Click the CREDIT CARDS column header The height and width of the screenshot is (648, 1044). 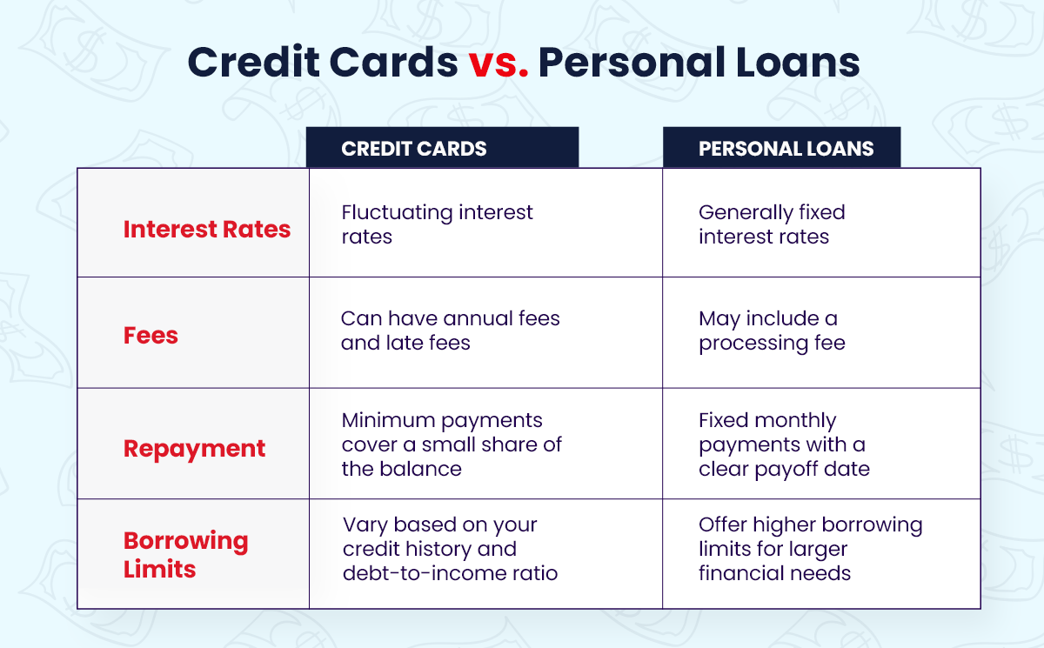pos(414,148)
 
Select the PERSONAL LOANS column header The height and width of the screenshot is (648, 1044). pos(786,148)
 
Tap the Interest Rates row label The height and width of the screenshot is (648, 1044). pos(207,229)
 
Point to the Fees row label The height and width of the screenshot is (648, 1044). pos(151,336)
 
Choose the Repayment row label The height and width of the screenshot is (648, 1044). pos(194,449)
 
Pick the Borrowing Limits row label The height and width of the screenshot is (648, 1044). pos(185,555)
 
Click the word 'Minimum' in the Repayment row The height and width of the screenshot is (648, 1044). pos(388,420)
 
